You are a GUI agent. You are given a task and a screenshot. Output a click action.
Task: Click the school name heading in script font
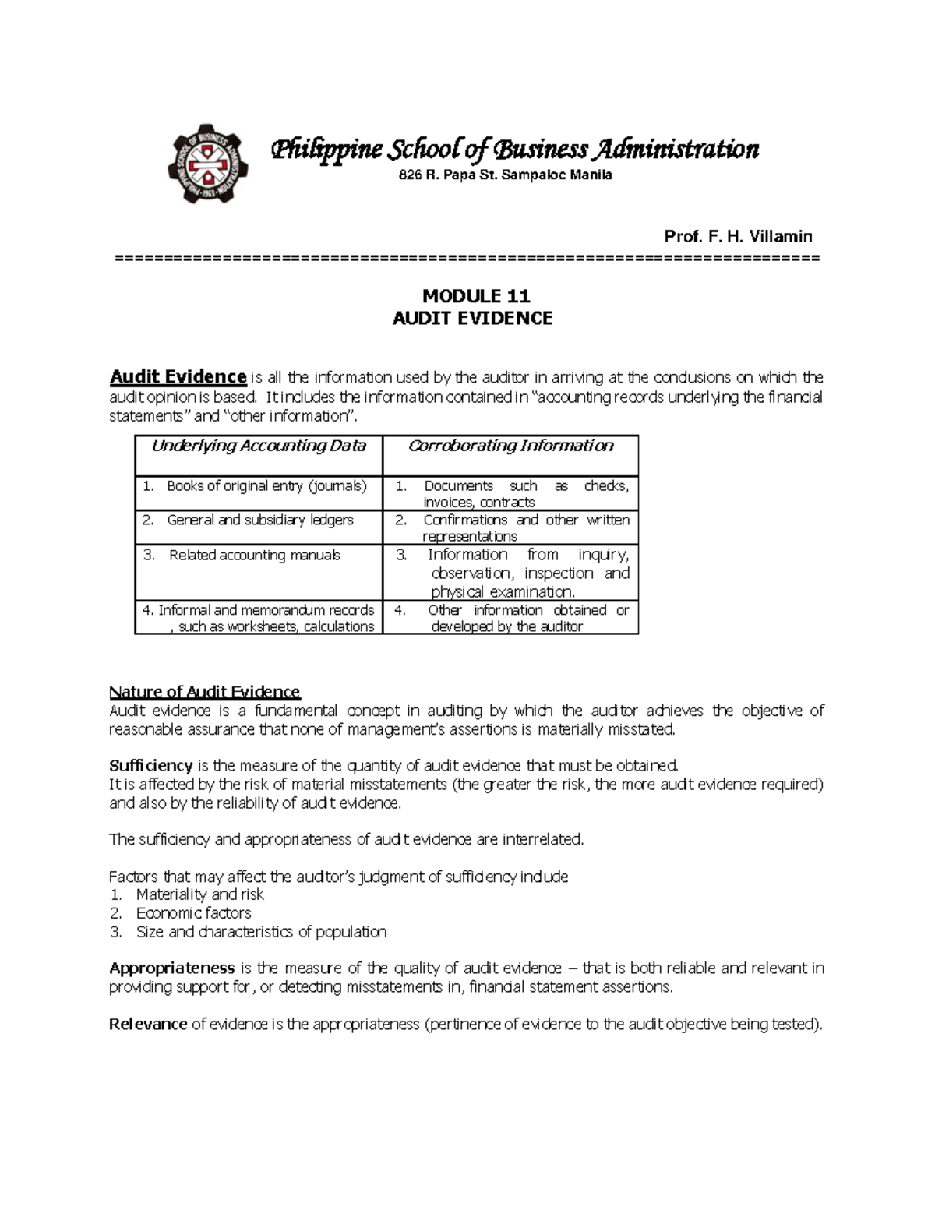(513, 149)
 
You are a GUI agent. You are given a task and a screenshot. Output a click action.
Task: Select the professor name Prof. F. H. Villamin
(738, 236)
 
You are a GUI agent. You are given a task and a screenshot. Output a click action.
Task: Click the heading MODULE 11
(475, 296)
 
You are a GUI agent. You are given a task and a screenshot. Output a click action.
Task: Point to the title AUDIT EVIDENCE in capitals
(472, 318)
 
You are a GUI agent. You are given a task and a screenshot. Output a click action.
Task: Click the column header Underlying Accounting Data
(259, 446)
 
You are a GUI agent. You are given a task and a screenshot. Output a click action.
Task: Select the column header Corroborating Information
(510, 446)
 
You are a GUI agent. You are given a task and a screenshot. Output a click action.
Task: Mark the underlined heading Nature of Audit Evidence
(204, 692)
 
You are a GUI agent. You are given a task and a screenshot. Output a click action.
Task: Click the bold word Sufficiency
(151, 765)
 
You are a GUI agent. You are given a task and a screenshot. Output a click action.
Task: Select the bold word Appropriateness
(171, 968)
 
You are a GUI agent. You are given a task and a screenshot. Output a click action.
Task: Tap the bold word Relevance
(148, 1025)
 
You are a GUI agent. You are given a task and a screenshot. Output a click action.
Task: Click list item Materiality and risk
(199, 894)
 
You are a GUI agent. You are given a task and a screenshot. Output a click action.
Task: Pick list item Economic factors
(193, 913)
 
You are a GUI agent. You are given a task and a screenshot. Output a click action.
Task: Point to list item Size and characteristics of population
(261, 932)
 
